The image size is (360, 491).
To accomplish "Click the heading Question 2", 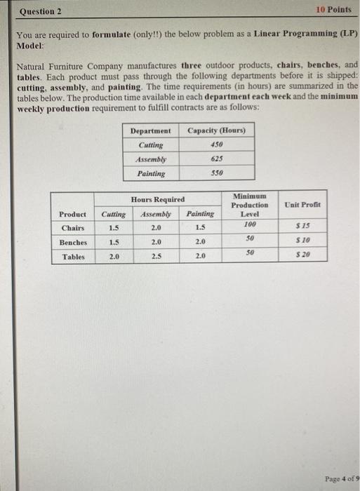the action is click(x=41, y=11).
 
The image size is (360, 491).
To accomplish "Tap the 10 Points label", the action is click(x=333, y=10).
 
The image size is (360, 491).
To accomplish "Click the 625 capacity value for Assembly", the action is click(x=215, y=159).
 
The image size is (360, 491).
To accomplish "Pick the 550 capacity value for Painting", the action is click(x=215, y=173).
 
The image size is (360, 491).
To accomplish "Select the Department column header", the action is click(x=150, y=130).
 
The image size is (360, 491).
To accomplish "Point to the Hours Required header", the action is click(x=157, y=199).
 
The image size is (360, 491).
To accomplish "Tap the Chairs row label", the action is click(x=72, y=227).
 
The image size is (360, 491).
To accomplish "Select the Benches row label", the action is click(x=72, y=242).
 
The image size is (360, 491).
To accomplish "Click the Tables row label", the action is click(x=72, y=257).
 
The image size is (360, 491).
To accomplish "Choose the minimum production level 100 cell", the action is click(x=249, y=225).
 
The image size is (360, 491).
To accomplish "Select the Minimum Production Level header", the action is click(x=249, y=205).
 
